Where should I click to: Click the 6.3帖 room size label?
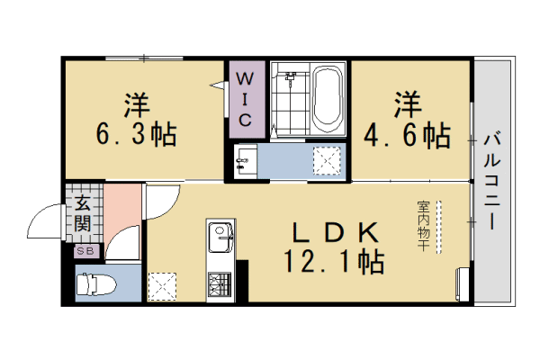[136, 135]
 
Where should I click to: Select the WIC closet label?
[246, 96]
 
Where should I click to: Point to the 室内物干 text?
[422, 224]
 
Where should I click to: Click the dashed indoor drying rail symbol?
[439, 224]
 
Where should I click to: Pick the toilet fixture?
[94, 286]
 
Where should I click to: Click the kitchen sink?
[220, 239]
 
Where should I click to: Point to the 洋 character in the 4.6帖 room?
[407, 103]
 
